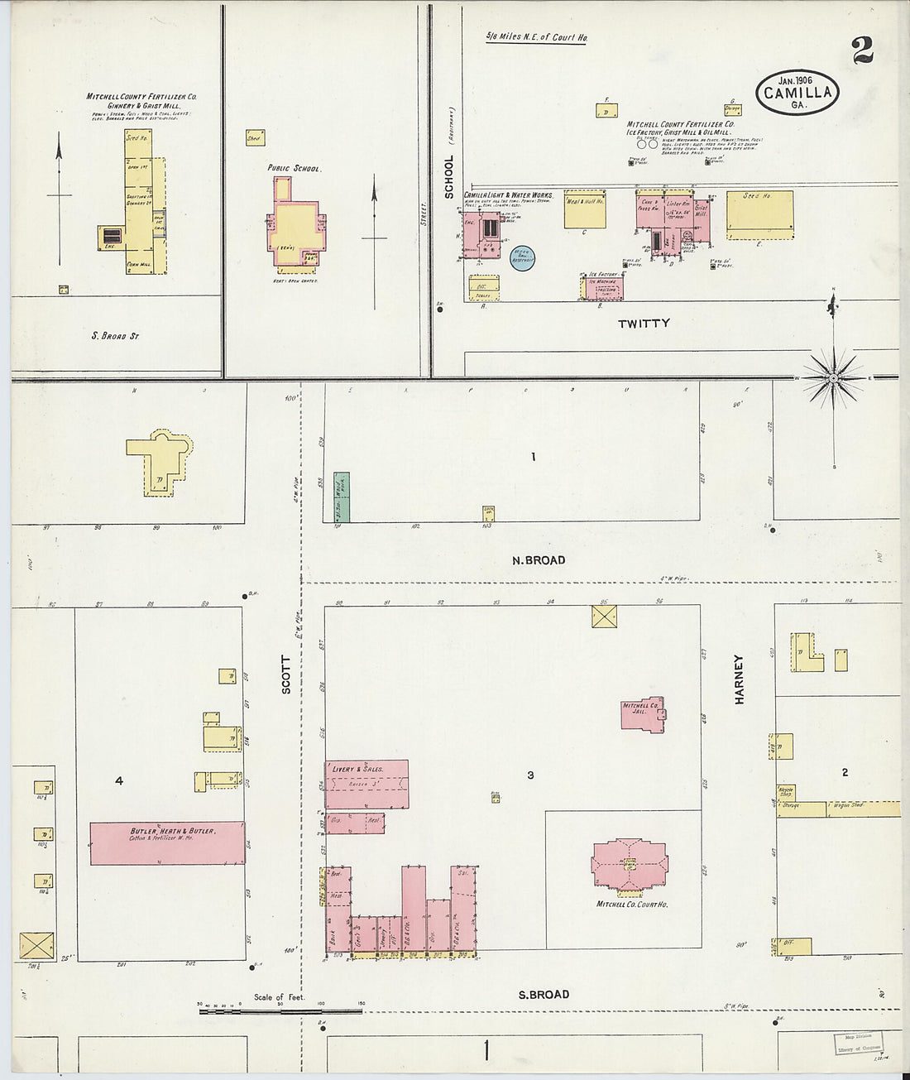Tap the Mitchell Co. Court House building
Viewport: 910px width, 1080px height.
pyautogui.click(x=630, y=866)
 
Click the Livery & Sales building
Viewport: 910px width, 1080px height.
pyautogui.click(x=366, y=784)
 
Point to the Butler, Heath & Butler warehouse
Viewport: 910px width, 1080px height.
pyautogui.click(x=167, y=842)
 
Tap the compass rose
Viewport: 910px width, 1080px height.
pyautogui.click(x=833, y=377)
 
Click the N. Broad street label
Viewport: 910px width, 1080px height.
pyautogui.click(x=538, y=560)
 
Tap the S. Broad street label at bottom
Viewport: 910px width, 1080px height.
pyautogui.click(x=544, y=994)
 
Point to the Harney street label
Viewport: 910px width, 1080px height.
pyautogui.click(x=739, y=679)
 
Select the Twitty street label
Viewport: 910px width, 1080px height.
pyautogui.click(x=643, y=323)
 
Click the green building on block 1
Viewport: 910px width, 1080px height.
pyautogui.click(x=341, y=497)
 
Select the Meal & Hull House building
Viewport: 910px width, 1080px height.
pyautogui.click(x=584, y=209)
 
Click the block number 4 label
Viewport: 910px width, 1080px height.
pyautogui.click(x=119, y=780)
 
